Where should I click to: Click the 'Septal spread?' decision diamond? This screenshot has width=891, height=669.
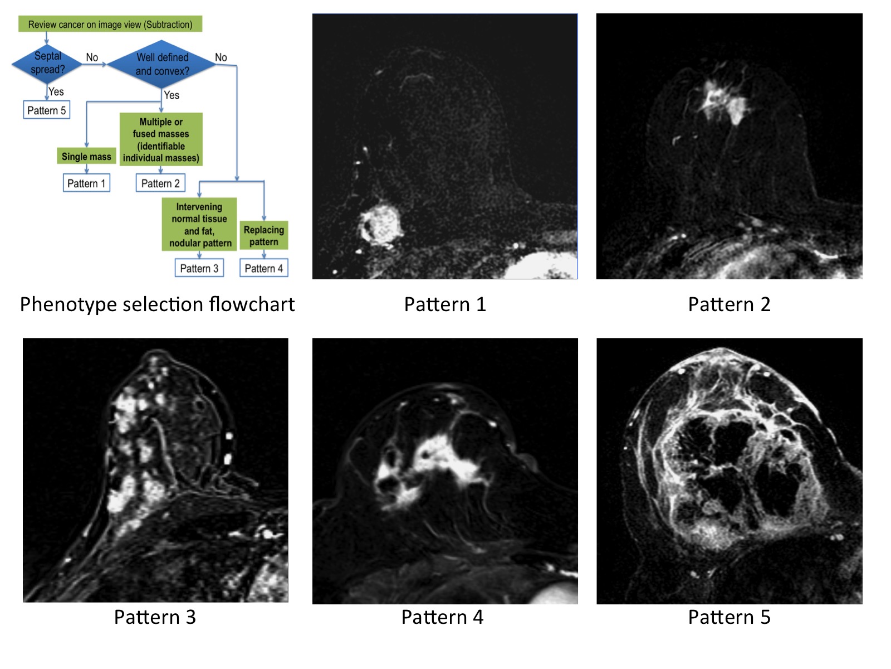pos(47,63)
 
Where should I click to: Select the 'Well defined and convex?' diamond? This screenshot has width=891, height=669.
pos(162,64)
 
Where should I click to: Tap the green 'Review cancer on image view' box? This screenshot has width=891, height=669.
pos(110,24)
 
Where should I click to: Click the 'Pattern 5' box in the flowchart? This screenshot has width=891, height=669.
pos(47,110)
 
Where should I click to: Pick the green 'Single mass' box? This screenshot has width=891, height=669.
pos(86,157)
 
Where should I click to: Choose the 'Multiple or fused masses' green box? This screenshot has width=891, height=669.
pos(161,140)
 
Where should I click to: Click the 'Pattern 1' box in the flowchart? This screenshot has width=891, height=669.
pos(86,183)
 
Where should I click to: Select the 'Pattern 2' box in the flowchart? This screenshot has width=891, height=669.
pos(160,183)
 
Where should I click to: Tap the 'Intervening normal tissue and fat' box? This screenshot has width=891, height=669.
pos(200,225)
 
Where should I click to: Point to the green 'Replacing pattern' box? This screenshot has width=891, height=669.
pos(264,236)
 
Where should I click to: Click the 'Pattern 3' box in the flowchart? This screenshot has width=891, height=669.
pos(199,268)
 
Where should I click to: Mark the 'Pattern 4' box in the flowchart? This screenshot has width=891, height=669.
pos(264,268)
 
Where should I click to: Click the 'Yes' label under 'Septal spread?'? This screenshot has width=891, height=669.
pos(56,91)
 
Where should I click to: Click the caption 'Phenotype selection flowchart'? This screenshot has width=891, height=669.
pos(157,304)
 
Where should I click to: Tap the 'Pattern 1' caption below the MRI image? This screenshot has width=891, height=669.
pos(445,304)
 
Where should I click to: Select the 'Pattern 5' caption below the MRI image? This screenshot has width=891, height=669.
pos(729,617)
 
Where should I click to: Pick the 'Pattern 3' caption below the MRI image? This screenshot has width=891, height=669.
pos(155,617)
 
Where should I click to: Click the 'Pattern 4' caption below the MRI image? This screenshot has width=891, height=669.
pos(442,617)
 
